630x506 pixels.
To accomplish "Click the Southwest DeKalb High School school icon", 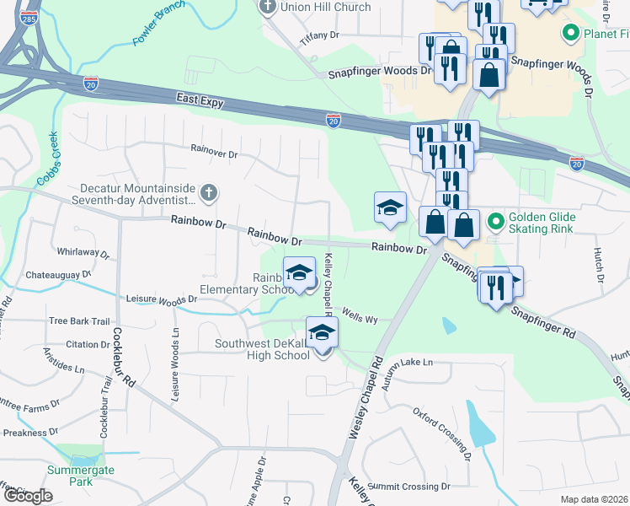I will tap(321, 333).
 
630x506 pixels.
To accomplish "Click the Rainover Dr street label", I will tap(215, 153).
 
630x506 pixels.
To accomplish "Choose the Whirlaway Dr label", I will tap(83, 252).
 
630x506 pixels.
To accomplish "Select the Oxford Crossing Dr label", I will tap(441, 433).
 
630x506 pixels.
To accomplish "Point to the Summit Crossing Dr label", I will tap(408, 487).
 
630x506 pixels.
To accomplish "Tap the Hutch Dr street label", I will tap(600, 265).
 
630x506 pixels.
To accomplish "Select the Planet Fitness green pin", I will tap(570, 34).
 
